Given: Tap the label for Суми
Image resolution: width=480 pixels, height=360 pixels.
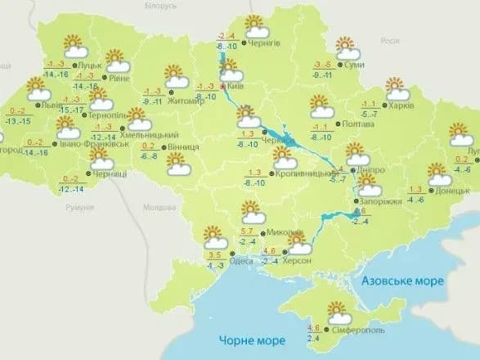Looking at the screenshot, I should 355,65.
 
